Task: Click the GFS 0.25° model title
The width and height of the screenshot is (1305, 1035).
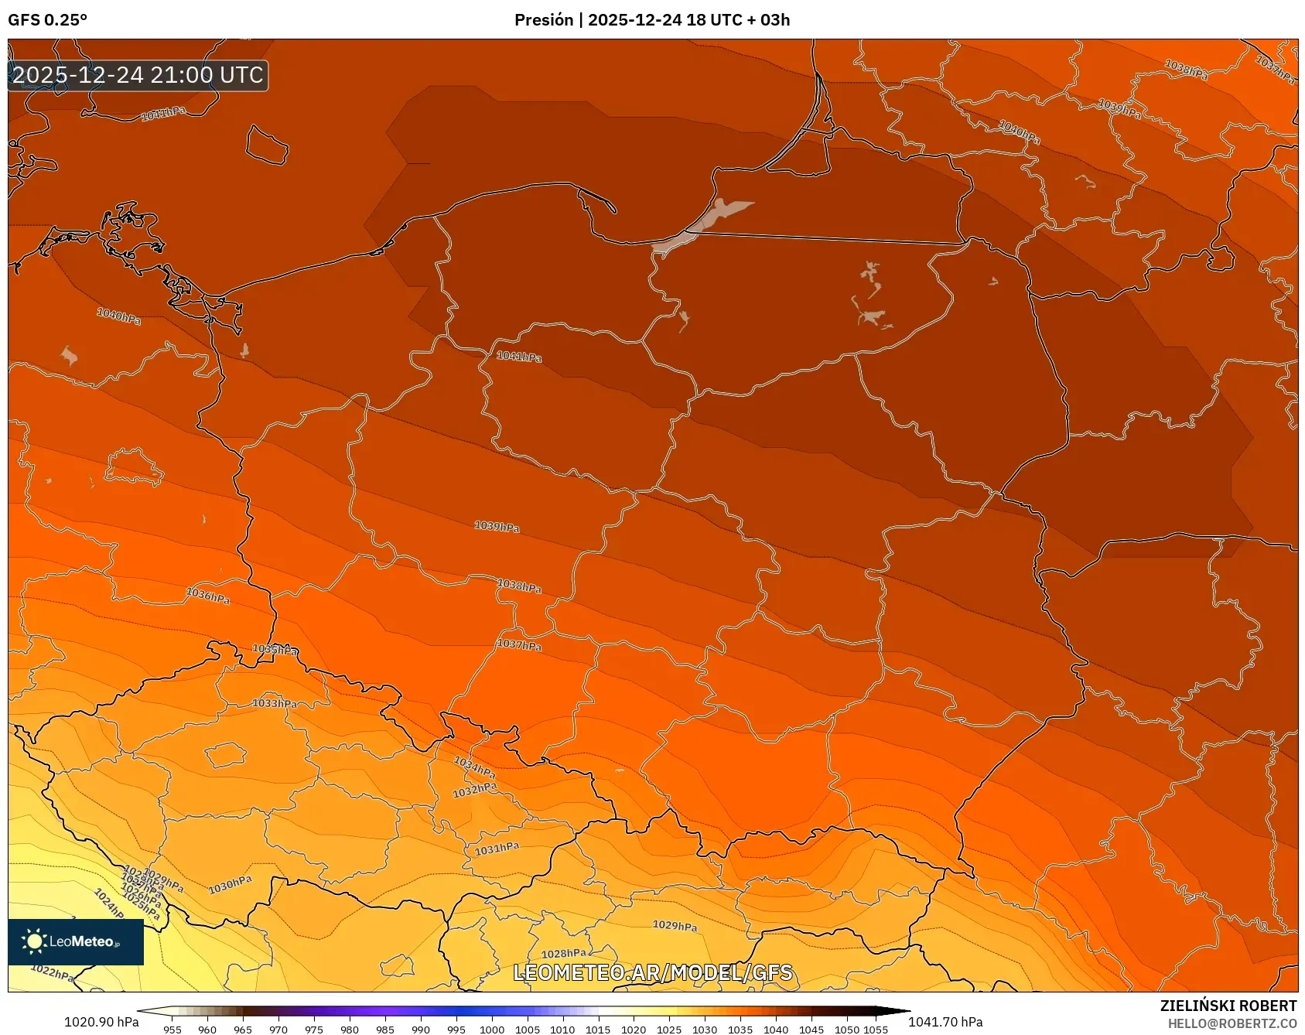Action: [x=47, y=20]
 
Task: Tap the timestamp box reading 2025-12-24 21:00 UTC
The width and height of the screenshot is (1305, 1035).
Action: [x=138, y=75]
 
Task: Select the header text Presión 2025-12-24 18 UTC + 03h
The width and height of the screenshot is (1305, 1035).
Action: [x=652, y=20]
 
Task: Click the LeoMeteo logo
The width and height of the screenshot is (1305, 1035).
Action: [x=76, y=941]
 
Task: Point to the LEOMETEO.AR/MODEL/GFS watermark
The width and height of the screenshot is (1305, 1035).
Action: [x=653, y=972]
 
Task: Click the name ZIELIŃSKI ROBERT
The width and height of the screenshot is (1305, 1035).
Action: [x=1228, y=1006]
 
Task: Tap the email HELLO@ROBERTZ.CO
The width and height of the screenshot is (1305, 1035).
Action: [x=1232, y=1023]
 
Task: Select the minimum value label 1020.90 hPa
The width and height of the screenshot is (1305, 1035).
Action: [x=101, y=1022]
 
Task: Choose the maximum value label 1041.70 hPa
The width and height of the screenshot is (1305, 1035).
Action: [x=945, y=1022]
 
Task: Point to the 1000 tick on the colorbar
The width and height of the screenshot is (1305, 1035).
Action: [x=492, y=1029]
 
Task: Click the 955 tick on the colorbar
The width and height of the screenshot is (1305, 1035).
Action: [x=173, y=1029]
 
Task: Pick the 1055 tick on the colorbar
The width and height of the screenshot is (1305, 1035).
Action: [x=876, y=1029]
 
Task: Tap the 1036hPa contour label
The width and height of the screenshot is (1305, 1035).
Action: [x=207, y=596]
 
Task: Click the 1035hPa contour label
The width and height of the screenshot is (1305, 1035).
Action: [x=275, y=650]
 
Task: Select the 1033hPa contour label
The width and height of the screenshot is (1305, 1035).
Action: [x=275, y=703]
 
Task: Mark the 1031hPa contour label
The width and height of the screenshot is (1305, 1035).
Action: [x=497, y=849]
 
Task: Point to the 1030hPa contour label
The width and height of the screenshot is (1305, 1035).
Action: [x=231, y=885]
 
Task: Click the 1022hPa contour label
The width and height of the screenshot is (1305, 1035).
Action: [x=53, y=972]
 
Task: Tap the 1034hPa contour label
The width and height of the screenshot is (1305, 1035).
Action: [x=474, y=767]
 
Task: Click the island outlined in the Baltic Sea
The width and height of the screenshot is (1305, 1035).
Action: [x=267, y=145]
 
